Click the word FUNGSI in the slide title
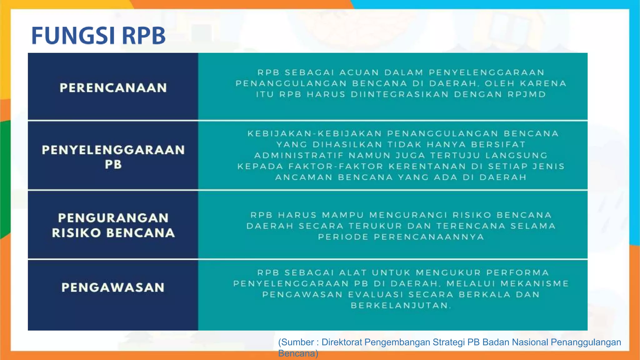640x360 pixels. click(73, 35)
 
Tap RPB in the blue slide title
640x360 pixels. click(143, 35)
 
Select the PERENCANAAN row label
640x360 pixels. click(113, 88)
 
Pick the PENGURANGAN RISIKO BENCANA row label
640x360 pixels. click(113, 225)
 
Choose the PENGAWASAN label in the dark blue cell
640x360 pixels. click(113, 287)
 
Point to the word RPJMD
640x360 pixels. click(527, 94)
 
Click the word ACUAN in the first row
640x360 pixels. click(359, 72)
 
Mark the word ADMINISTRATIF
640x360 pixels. click(299, 155)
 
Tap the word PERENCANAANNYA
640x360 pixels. click(429, 237)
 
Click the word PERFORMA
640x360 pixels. click(517, 273)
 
